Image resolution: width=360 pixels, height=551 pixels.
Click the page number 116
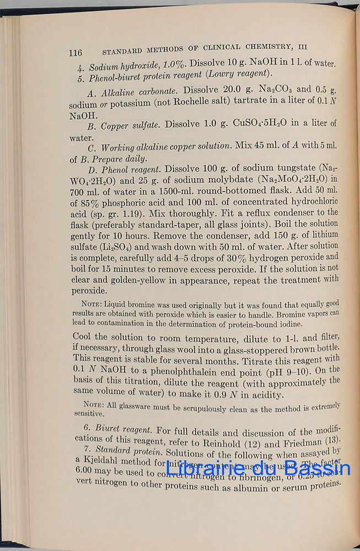coord(76,53)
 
